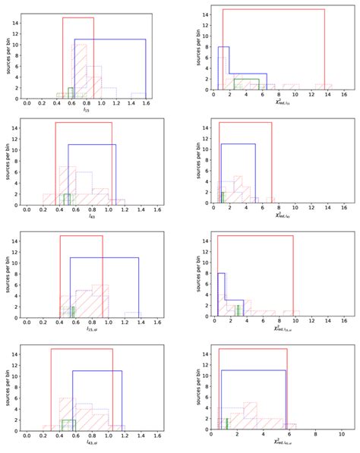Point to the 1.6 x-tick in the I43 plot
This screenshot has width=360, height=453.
(x=158, y=211)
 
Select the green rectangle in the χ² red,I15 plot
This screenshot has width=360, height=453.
(x=247, y=84)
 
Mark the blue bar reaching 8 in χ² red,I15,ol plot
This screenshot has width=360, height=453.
(x=221, y=294)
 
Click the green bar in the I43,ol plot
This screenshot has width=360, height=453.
(x=69, y=425)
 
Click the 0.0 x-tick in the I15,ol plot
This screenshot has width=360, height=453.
(x=28, y=324)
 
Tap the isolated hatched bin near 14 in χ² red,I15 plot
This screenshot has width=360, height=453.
(x=324, y=87)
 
